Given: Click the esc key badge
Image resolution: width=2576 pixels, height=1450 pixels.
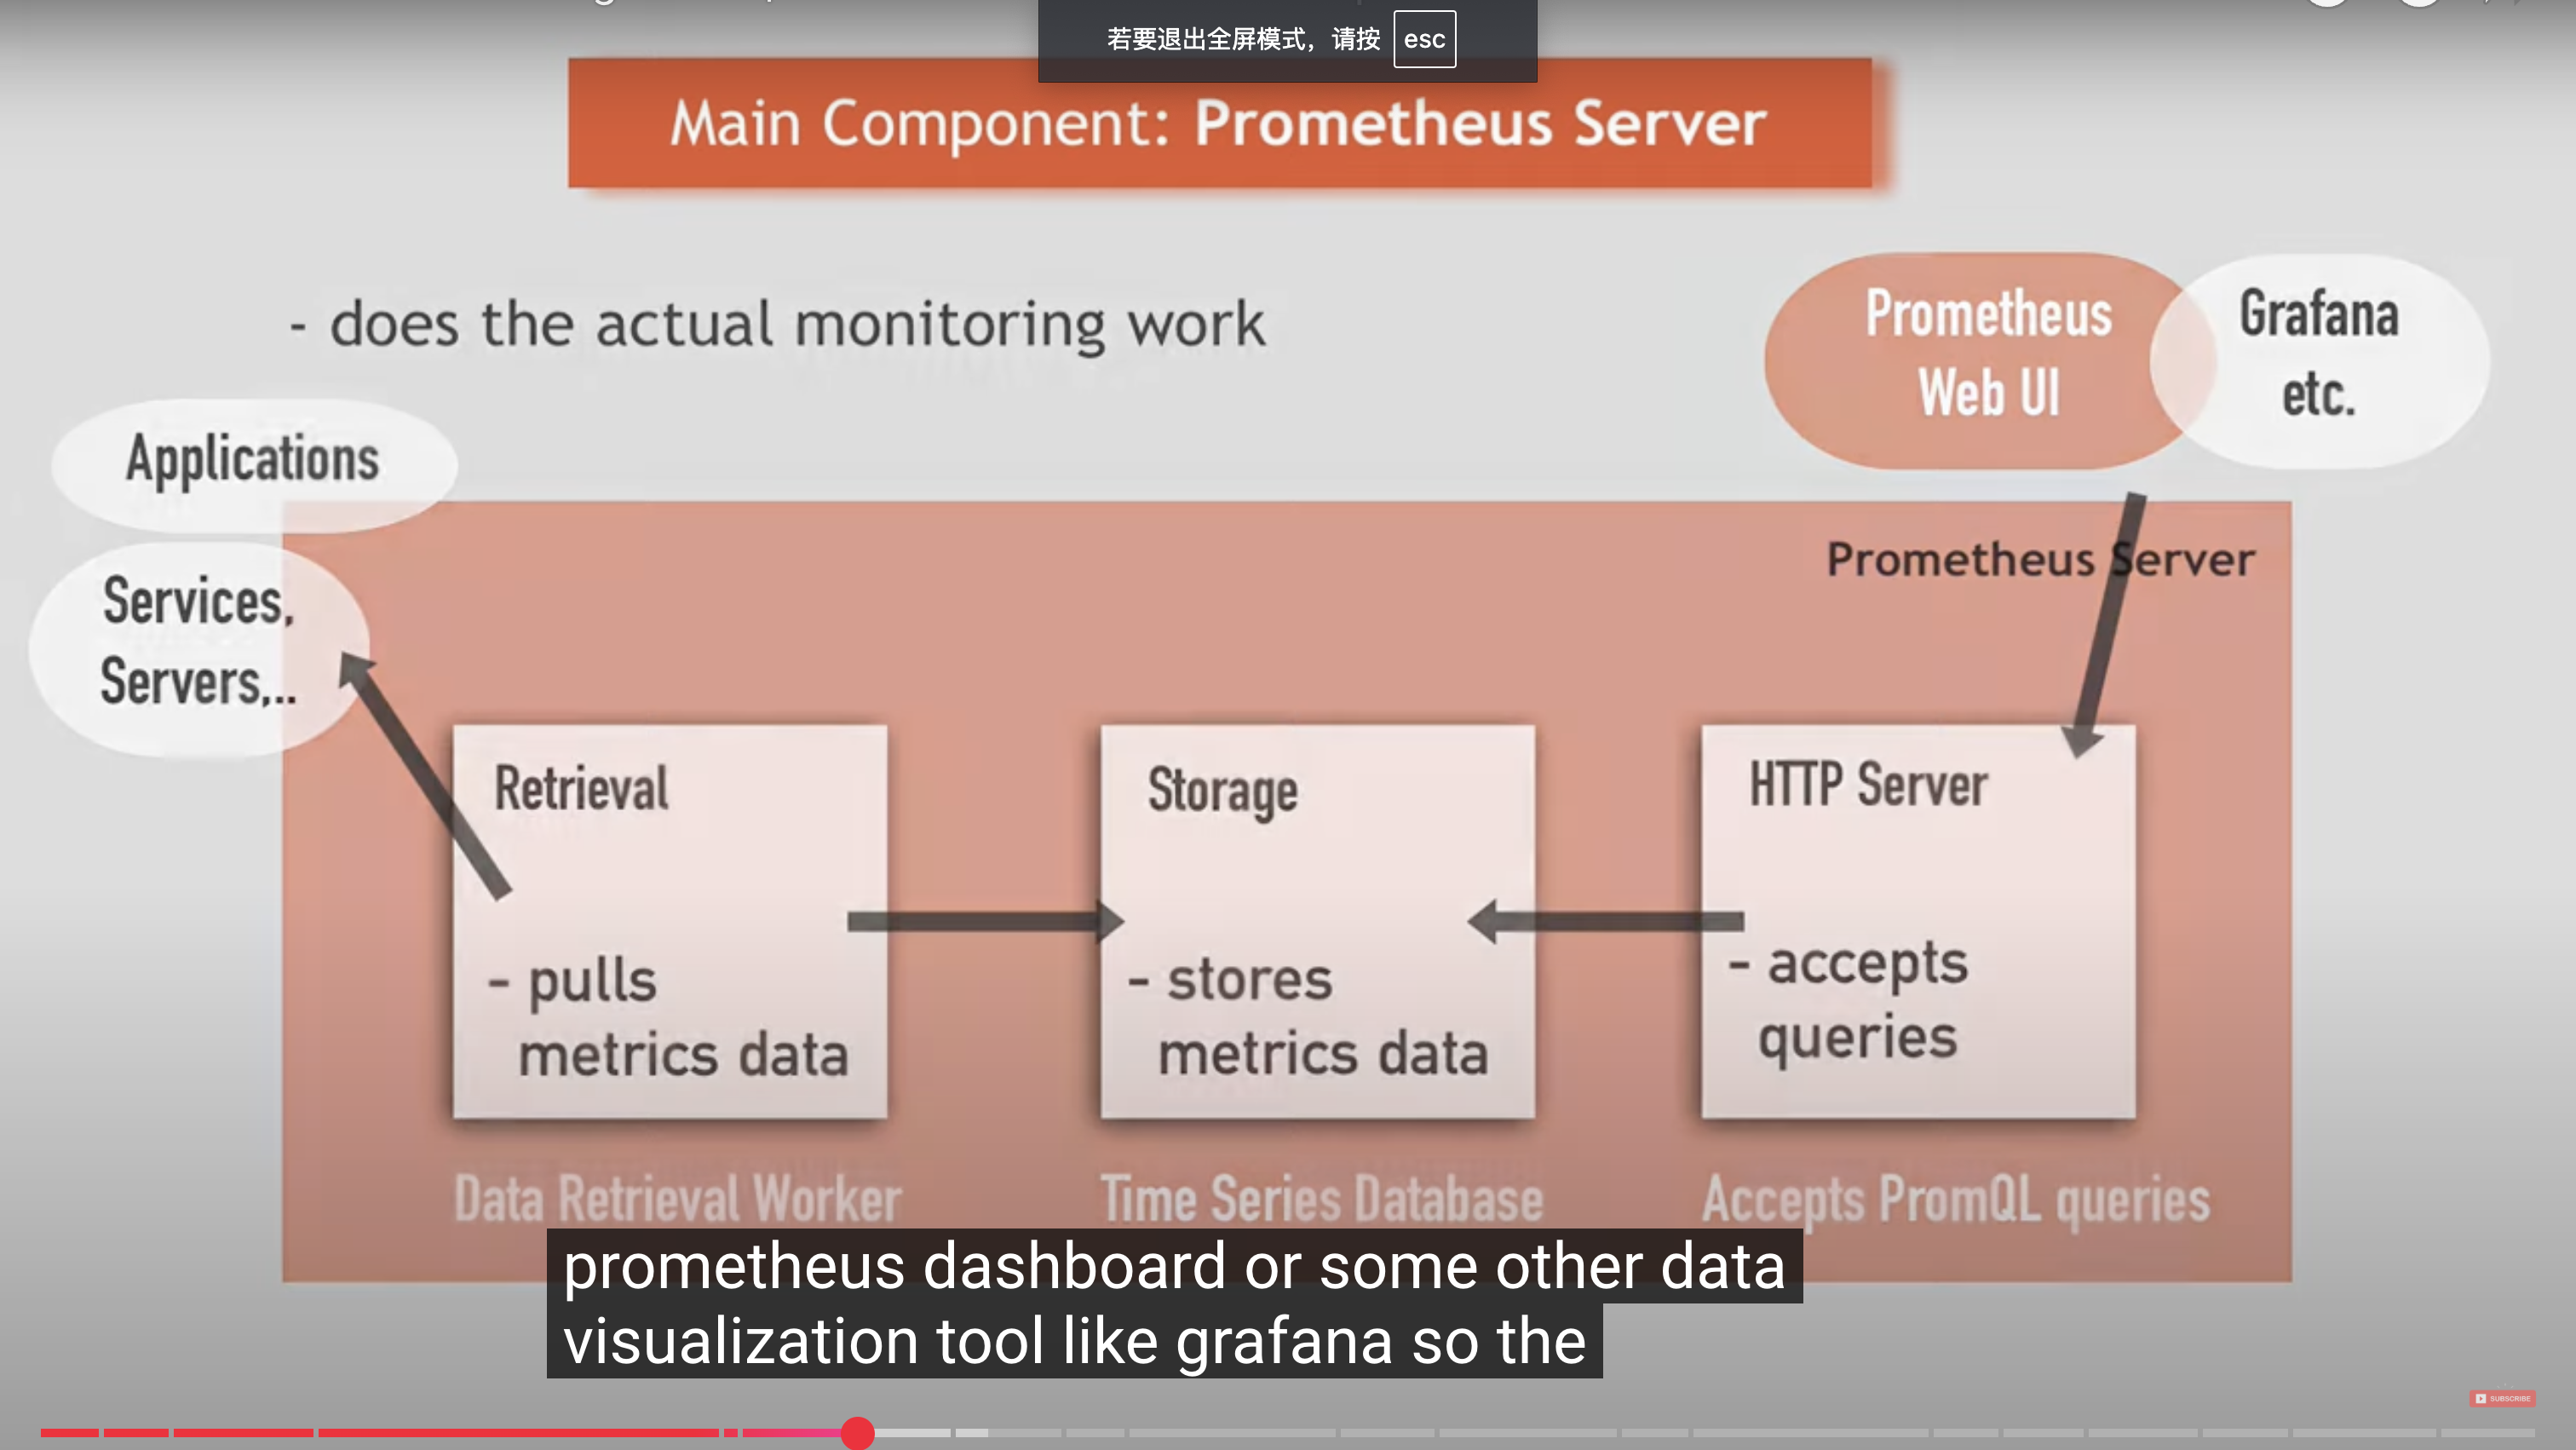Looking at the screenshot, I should pos(1424,39).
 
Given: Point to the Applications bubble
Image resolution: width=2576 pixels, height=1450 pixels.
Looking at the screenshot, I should pos(254,460).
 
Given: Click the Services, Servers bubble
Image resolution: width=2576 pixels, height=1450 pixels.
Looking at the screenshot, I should pos(198,642).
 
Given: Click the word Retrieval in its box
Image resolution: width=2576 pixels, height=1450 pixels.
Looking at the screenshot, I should pos(581,788).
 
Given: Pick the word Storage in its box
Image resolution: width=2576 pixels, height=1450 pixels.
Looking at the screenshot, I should pos(1222,790).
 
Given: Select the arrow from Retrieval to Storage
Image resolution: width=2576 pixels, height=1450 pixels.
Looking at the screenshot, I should pos(985,921).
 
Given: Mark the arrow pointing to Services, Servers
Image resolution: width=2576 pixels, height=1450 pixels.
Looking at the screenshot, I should pos(425,775).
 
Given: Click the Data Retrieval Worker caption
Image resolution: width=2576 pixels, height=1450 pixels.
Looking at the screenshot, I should pos(677,1199).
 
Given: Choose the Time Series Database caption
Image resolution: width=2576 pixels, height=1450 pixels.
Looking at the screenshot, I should pos(1322,1199).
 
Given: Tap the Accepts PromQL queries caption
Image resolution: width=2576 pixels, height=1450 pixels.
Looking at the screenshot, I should pos(1955,1199).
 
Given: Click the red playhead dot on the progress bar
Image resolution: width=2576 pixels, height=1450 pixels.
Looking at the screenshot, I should pos(857,1433).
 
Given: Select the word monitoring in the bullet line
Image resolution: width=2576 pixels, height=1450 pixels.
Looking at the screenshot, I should pos(950,325).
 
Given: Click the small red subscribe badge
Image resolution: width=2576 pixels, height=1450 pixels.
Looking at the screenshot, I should pos(2502,1398).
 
